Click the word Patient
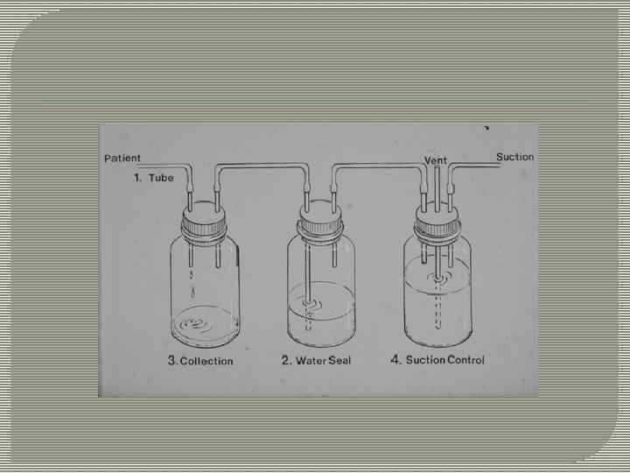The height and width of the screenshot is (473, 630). click(122, 158)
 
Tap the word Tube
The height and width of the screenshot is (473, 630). click(161, 178)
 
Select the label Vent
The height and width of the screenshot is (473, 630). click(436, 160)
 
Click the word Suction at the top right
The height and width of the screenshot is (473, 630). click(515, 157)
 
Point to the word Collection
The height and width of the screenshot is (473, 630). click(206, 361)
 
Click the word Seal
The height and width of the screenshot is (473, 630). click(339, 360)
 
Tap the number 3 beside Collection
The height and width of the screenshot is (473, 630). click(172, 360)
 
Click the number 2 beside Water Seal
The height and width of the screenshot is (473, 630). click(285, 360)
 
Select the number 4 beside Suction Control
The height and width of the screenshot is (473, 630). click(395, 359)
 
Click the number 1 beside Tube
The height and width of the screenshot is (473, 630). click(137, 178)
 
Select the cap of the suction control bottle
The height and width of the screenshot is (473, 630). click(437, 224)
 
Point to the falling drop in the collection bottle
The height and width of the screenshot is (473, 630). click(192, 293)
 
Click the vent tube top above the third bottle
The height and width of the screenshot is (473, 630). click(437, 167)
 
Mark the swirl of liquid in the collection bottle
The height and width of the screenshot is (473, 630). click(197, 324)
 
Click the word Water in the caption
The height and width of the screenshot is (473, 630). click(310, 360)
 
